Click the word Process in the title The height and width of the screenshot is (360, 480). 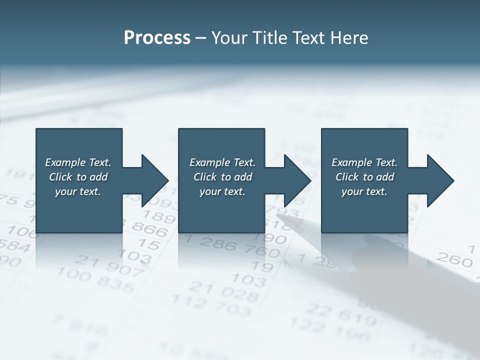157,38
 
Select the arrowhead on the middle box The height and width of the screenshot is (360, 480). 296,180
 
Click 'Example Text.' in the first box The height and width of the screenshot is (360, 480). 78,162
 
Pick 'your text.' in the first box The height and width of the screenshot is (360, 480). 78,191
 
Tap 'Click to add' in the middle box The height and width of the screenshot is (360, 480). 222,177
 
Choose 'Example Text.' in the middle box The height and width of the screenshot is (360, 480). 222,162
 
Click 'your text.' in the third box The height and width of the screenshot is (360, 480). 364,191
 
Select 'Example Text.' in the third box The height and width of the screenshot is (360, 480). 364,162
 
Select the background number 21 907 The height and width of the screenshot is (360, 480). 109,265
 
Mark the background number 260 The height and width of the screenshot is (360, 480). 454,259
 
